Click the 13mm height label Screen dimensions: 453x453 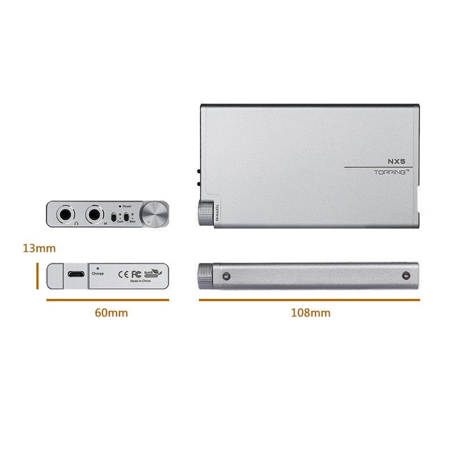click(39, 247)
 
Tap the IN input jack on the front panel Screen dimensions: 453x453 click(94, 215)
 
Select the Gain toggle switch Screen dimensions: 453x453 click(115, 217)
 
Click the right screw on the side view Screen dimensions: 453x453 click(405, 276)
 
